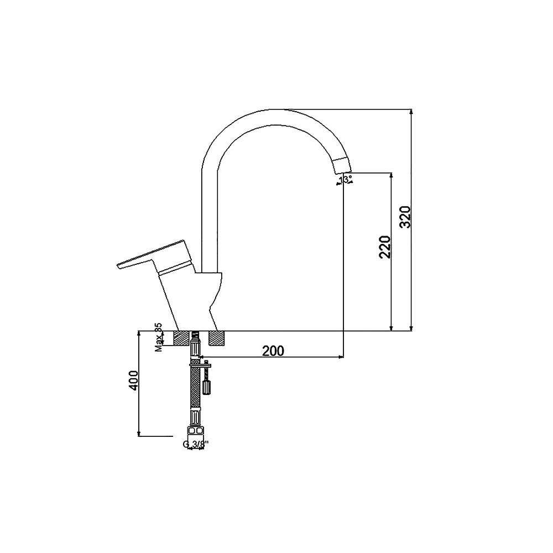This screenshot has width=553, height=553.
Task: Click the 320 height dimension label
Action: click(406, 217)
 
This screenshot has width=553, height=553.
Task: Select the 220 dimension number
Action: click(385, 247)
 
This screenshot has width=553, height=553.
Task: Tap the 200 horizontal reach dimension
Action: click(273, 351)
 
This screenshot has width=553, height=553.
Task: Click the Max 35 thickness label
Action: click(158, 337)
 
